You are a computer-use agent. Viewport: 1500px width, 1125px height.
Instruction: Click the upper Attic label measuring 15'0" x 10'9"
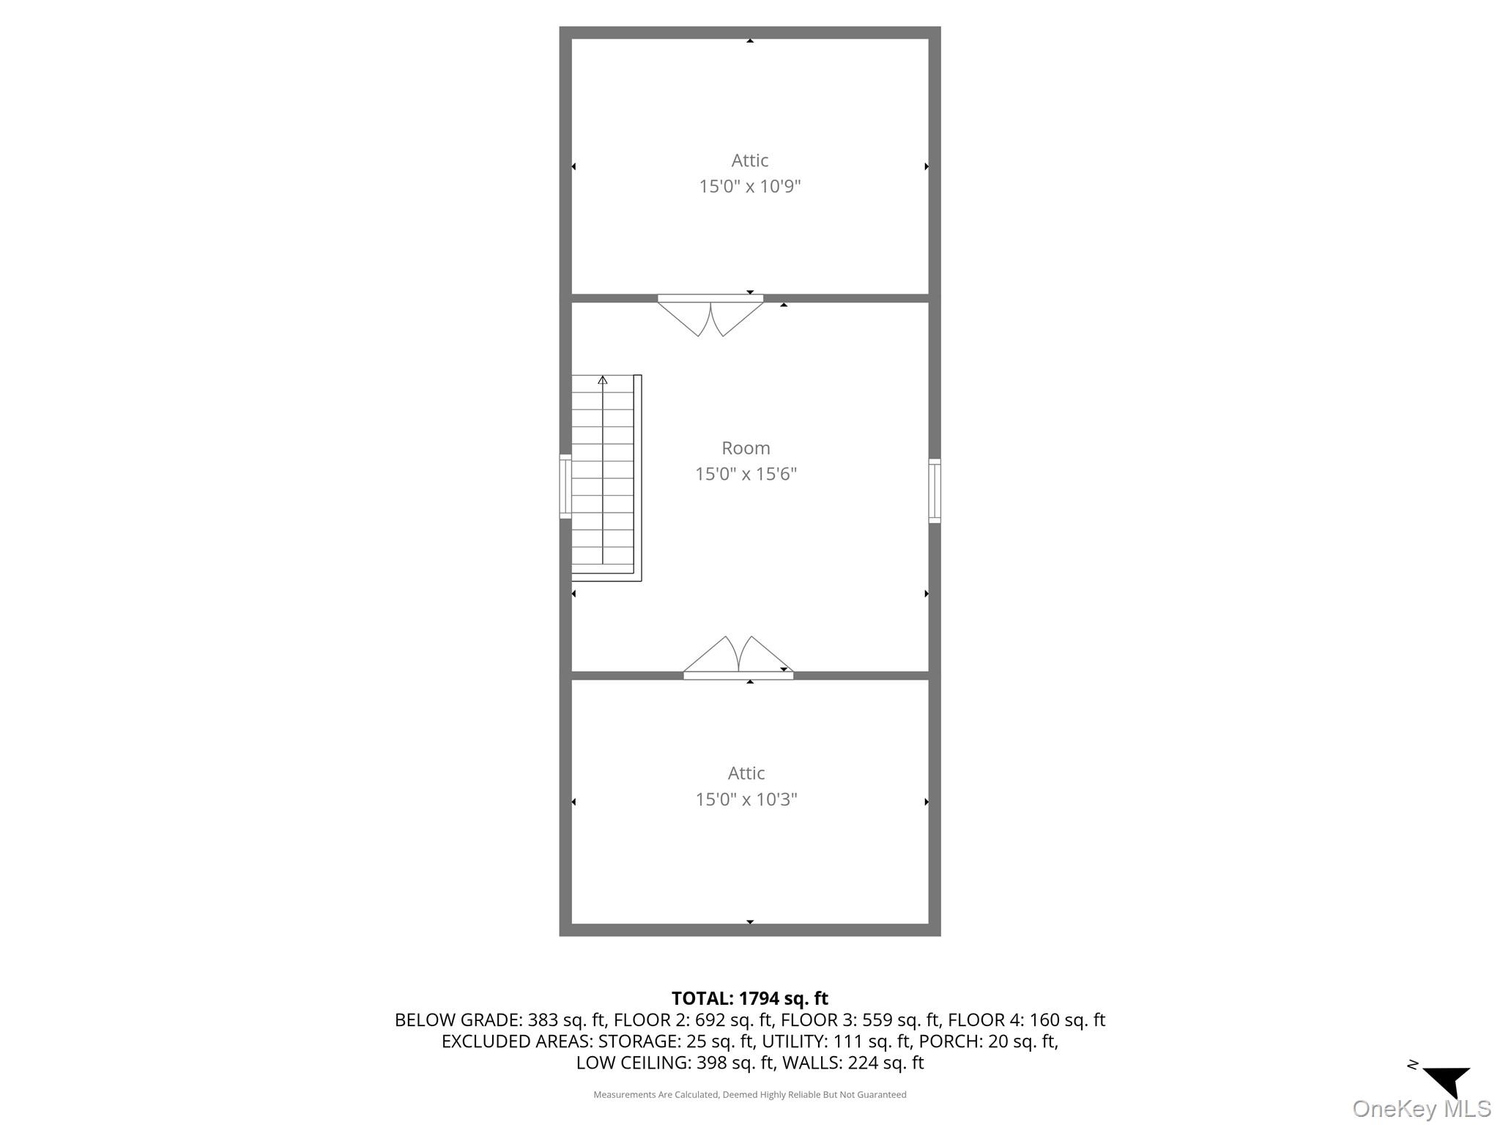point(749,160)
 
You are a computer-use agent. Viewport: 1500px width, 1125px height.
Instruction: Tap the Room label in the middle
point(746,448)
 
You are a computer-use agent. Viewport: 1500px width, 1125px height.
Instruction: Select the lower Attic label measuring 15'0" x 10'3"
point(746,773)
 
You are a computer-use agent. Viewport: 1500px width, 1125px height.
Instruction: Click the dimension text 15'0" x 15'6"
point(746,474)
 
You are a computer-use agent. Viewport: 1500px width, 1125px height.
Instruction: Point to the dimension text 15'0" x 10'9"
point(749,186)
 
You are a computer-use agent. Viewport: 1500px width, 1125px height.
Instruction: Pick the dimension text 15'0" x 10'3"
point(746,799)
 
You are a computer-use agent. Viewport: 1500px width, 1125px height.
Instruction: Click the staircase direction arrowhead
point(603,379)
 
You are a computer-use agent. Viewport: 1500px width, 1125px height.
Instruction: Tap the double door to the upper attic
point(710,315)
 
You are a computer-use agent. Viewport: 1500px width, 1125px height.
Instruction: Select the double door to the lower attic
point(738,657)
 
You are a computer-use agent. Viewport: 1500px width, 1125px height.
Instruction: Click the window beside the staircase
point(565,486)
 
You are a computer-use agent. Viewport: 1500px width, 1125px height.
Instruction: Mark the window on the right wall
point(935,491)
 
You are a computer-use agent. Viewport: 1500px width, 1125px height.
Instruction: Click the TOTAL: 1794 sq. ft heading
point(749,998)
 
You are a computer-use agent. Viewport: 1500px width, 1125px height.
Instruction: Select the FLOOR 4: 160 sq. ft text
point(1026,1020)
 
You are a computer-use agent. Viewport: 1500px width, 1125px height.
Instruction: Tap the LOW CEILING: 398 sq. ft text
point(675,1062)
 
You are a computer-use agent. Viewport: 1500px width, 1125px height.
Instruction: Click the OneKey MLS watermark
point(1421,1109)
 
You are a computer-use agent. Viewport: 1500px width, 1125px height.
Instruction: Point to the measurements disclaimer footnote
point(749,1095)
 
